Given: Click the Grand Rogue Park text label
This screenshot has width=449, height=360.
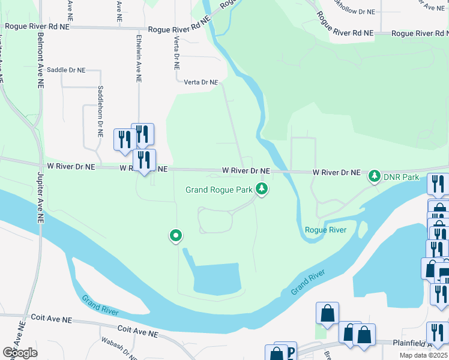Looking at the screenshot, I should point(218,190).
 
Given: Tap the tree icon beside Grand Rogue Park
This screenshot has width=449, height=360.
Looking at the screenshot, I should point(261,189).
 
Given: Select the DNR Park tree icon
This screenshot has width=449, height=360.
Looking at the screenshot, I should point(375,176).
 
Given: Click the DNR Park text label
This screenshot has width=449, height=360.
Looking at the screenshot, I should point(402,177).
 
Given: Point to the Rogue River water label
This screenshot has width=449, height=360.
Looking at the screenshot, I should point(325,230).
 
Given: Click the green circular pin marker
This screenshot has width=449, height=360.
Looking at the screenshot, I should point(176,236).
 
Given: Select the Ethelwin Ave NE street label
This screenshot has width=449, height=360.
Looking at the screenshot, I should point(139,57).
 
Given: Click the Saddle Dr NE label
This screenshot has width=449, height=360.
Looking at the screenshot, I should point(66,70).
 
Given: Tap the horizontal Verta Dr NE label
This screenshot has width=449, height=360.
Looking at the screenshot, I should point(200,82).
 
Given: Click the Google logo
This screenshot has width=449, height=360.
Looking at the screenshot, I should point(20,353).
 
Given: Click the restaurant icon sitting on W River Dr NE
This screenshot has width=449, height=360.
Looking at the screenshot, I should point(144,160).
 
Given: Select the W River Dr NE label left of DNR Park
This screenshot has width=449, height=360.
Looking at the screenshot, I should point(336,172).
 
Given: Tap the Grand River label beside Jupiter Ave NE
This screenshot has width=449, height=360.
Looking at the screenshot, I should point(100,305).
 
